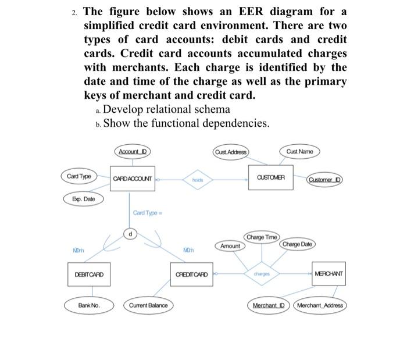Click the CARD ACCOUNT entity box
[x=134, y=179]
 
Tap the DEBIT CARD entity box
[x=90, y=274]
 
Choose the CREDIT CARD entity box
[x=191, y=274]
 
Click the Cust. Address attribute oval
[x=230, y=152]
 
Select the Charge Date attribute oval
[x=297, y=245]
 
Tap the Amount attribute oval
[x=230, y=246]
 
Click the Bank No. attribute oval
[x=90, y=305]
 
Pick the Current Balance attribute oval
[x=148, y=305]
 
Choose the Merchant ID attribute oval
[x=267, y=305]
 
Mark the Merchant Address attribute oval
[x=320, y=305]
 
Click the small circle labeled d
[x=130, y=234]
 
